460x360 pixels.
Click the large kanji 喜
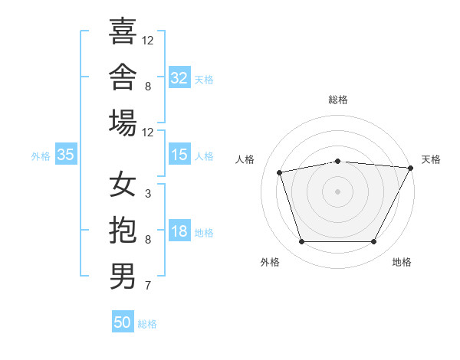[x=123, y=31]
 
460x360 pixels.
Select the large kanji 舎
[x=123, y=77]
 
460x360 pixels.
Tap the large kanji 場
[x=123, y=123]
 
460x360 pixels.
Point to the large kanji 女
[x=123, y=184]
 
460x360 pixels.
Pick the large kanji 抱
[x=123, y=230]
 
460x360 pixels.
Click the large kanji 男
[x=123, y=276]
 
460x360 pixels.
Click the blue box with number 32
[x=179, y=77]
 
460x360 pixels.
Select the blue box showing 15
[x=179, y=154]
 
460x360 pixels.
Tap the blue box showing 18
[x=179, y=230]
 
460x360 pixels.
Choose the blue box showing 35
[x=66, y=154]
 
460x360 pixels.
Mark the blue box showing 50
[x=123, y=321]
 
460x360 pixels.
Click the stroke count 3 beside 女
[x=148, y=194]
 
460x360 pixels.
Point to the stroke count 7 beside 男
[x=148, y=285]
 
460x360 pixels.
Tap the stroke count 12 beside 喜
[x=147, y=41]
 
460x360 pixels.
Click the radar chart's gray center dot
[x=337, y=191]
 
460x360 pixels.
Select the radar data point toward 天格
[x=411, y=168]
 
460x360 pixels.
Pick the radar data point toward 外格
[x=301, y=241]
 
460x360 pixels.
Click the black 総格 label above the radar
[x=338, y=100]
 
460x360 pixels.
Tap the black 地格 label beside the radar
[x=402, y=262]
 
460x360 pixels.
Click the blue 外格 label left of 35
[x=41, y=156]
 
